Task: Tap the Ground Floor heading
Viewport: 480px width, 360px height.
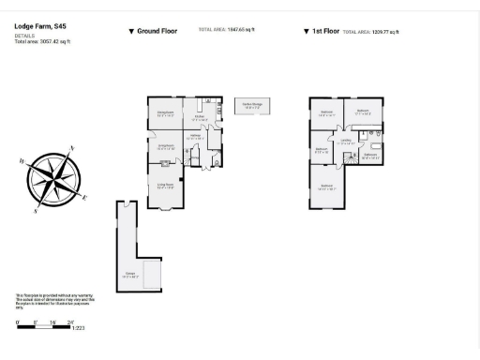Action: [153, 31]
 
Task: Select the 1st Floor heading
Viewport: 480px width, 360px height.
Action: [323, 31]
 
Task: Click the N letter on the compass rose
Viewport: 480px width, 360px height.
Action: [73, 148]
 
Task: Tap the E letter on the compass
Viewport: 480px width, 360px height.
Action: [85, 197]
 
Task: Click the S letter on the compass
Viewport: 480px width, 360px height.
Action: [36, 211]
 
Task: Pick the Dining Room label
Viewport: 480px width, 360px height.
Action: [165, 114]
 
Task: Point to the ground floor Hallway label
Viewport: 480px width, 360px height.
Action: [197, 137]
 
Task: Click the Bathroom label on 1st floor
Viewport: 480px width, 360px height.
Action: [369, 156]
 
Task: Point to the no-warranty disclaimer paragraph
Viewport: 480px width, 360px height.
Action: [42, 300]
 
